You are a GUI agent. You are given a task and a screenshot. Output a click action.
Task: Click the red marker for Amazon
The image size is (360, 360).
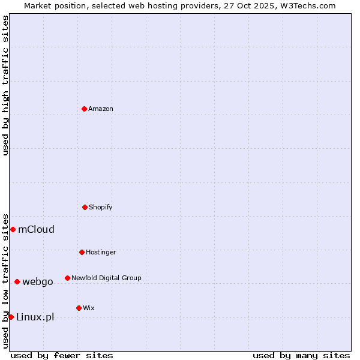click(x=84, y=109)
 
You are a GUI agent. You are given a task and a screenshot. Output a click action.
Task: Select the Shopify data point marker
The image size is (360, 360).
click(x=85, y=207)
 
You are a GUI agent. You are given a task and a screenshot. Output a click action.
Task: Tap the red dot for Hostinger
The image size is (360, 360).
click(x=82, y=252)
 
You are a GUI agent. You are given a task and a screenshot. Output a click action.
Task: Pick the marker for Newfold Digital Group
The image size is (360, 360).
click(x=67, y=278)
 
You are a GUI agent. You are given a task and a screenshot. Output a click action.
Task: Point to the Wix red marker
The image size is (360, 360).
click(x=79, y=308)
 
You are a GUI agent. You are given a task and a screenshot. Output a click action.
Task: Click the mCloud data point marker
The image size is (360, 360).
click(x=13, y=229)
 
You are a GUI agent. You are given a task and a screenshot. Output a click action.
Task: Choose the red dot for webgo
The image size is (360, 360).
click(x=17, y=281)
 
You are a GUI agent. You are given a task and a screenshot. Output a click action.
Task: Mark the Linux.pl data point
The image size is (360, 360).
click(x=11, y=317)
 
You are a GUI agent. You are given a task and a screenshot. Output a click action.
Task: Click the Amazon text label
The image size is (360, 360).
click(x=101, y=109)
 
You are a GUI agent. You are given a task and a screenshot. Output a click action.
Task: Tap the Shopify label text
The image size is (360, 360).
click(x=101, y=207)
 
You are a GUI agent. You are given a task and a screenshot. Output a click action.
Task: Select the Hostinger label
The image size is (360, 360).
click(x=101, y=252)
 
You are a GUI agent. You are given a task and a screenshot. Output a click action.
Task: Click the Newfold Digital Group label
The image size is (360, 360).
click(x=106, y=278)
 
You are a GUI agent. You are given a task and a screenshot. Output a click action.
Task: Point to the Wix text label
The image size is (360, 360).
click(x=89, y=308)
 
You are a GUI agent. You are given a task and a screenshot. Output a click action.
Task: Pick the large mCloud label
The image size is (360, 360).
click(x=37, y=229)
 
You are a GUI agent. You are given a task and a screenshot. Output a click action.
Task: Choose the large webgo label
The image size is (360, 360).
click(x=38, y=281)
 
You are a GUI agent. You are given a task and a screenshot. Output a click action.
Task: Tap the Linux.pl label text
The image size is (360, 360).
click(x=35, y=317)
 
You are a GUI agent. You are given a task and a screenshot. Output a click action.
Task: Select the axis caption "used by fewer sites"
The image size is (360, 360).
click(x=62, y=355)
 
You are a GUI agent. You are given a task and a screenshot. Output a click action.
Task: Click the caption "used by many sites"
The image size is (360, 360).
click(x=301, y=355)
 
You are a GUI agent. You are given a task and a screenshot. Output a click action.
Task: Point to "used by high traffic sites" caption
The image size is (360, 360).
click(x=5, y=85)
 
